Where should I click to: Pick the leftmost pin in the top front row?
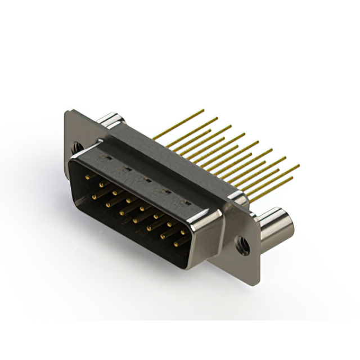[x=87, y=177]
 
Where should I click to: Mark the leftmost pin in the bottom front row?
[x=93, y=196]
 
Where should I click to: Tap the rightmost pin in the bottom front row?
[x=175, y=244]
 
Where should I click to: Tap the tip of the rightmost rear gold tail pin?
[x=299, y=165]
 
